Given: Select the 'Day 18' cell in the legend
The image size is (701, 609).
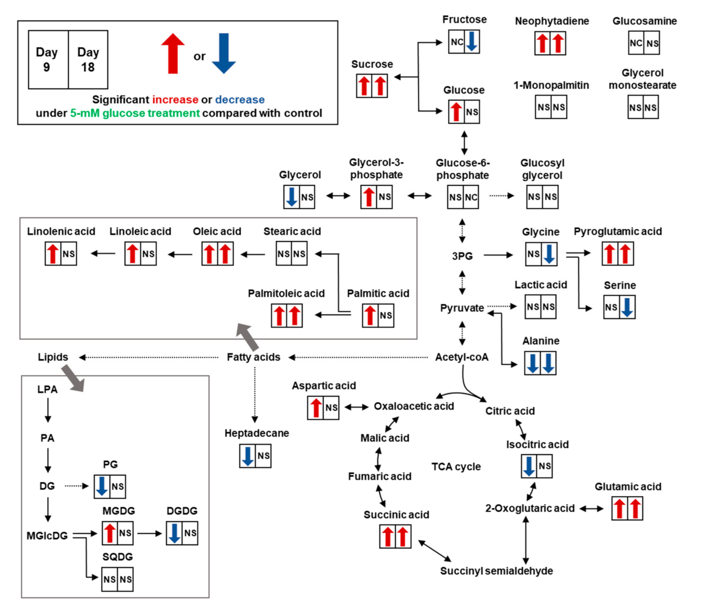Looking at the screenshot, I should [x=88, y=60].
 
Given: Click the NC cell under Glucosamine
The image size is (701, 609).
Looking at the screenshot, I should [x=636, y=43].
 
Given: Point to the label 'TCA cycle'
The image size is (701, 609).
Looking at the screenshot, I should [x=456, y=467].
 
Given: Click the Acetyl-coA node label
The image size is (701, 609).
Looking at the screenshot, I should [x=462, y=357].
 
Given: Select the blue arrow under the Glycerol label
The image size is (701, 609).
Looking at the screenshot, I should [x=292, y=197].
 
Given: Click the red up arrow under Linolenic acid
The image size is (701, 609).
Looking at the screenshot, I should [x=53, y=253].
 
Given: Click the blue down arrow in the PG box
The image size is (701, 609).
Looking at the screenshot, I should [x=102, y=486].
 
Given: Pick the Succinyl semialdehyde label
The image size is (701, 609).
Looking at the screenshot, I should [x=497, y=571].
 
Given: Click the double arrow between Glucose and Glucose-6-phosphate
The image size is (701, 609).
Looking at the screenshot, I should [x=464, y=143].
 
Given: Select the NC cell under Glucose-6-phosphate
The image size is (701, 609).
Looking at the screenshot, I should [x=471, y=197].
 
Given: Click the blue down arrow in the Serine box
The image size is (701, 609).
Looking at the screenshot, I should [x=627, y=307].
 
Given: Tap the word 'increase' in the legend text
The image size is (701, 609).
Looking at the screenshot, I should [x=175, y=100].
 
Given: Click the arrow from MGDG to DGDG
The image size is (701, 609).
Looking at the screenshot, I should [x=149, y=533].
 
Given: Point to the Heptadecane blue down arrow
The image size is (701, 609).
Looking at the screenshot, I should [x=248, y=456].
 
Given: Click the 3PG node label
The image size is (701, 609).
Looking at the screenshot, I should [x=462, y=256].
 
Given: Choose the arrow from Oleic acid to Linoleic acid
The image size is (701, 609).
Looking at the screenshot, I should [x=180, y=254].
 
